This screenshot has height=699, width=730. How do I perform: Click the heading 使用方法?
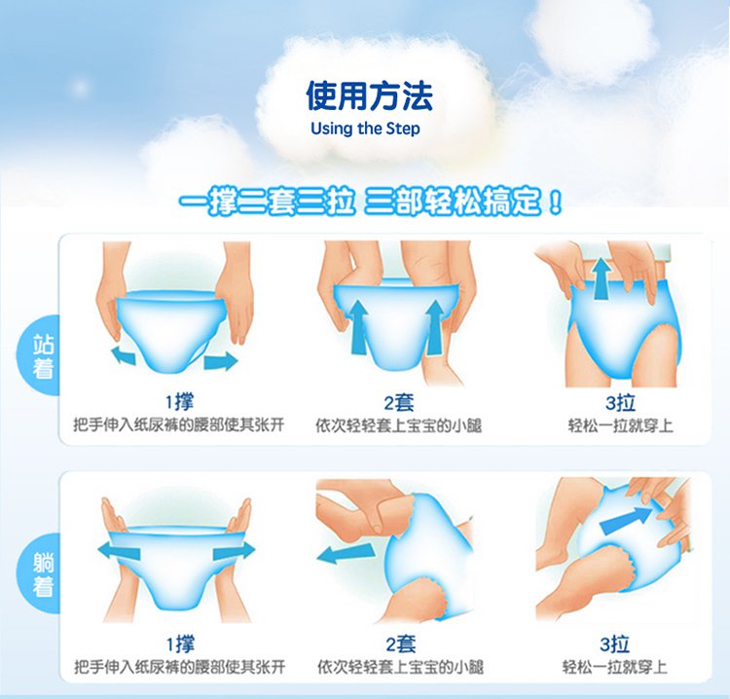[x=369, y=95]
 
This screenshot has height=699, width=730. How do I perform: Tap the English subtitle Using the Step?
[x=365, y=129]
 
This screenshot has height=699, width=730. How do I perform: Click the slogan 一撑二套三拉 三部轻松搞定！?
[x=371, y=203]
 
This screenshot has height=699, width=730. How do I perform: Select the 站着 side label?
[x=44, y=357]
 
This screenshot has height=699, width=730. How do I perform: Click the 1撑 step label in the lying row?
[x=179, y=644]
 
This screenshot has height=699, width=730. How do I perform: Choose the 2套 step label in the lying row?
[x=400, y=644]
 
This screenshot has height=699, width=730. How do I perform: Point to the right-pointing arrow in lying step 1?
[x=233, y=551]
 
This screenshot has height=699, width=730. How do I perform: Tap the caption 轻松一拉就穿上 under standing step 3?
[x=620, y=426]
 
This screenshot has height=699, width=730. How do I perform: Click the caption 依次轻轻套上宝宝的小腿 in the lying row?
[x=399, y=667]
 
